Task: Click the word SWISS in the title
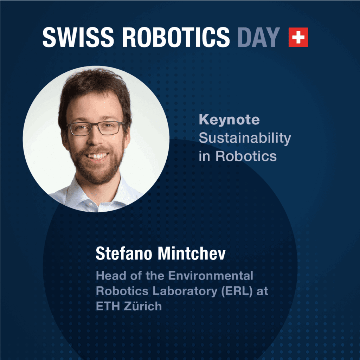click(78, 37)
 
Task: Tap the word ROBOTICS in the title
click(176, 37)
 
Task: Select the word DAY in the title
click(258, 37)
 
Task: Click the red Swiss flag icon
click(298, 37)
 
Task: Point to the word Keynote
click(229, 120)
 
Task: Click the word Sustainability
click(245, 138)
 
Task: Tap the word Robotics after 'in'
click(246, 156)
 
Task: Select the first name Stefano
click(124, 253)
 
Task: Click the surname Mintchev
click(192, 253)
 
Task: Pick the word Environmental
click(211, 276)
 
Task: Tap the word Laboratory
click(185, 291)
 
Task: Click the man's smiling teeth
click(97, 156)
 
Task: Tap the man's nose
click(95, 139)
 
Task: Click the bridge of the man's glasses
click(95, 125)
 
